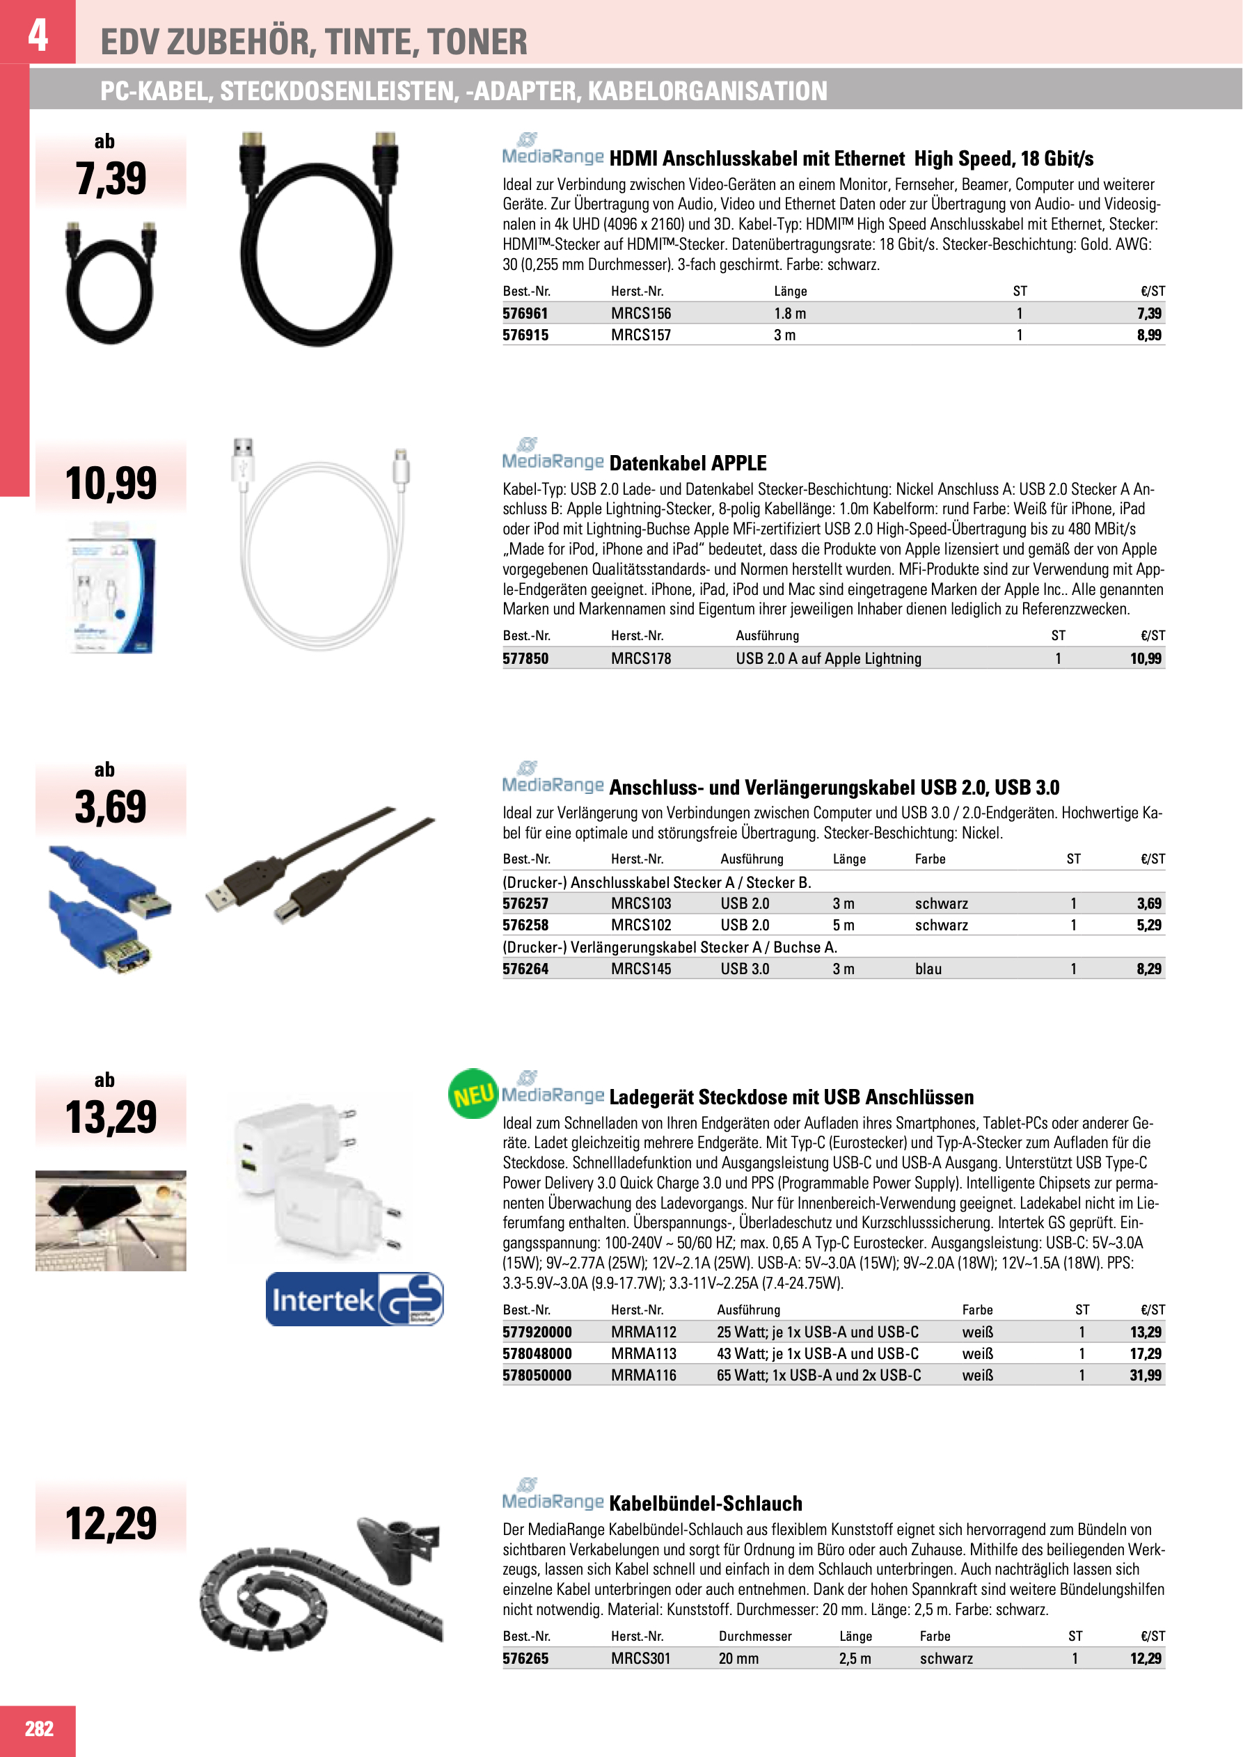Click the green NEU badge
[x=473, y=1095]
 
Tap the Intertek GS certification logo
[x=354, y=1299]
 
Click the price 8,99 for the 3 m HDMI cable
[x=1148, y=335]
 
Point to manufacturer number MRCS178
[x=640, y=658]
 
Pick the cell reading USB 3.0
[x=745, y=969]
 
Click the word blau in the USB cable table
[x=928, y=969]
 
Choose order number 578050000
[x=537, y=1375]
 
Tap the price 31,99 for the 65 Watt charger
[x=1145, y=1375]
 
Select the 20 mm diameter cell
[x=738, y=1658]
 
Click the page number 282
[x=39, y=1728]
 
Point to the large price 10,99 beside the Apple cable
[x=111, y=484]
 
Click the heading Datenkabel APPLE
[x=688, y=463]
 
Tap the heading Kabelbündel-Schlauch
[x=705, y=1504]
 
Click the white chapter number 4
[x=38, y=34]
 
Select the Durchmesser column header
[x=754, y=1636]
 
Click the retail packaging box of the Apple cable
[x=112, y=588]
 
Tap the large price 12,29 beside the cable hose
[x=111, y=1523]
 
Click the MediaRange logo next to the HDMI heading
[x=553, y=151]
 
